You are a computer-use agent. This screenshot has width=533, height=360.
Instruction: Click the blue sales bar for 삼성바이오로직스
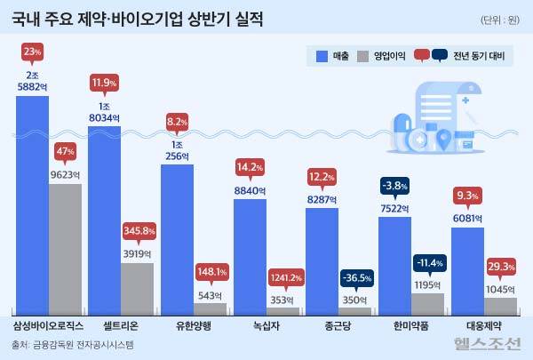pyautogui.click(x=32, y=204)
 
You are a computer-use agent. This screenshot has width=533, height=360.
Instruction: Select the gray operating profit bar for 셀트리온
pyautogui.click(x=137, y=288)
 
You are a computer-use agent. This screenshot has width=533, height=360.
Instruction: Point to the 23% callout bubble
pyautogui.click(x=32, y=52)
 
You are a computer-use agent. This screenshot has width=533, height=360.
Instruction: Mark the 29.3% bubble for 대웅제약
pyautogui.click(x=501, y=266)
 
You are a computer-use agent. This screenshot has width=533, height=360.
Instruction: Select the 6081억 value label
pyautogui.click(x=467, y=219)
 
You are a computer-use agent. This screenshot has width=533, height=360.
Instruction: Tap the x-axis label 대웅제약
pyautogui.click(x=484, y=325)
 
